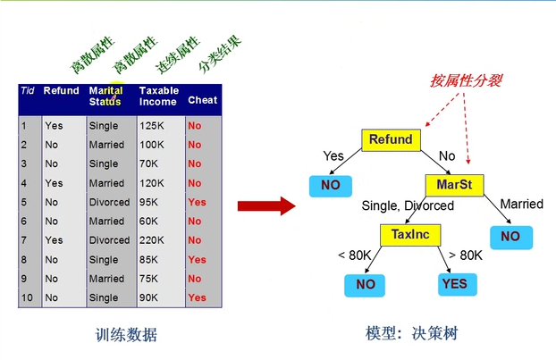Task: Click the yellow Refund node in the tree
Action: [x=391, y=139]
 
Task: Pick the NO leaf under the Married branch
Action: [x=510, y=237]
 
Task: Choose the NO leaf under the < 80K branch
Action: [x=365, y=284]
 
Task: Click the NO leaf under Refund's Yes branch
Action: [x=330, y=186]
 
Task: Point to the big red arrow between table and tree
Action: [x=266, y=206]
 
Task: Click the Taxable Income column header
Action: [x=159, y=96]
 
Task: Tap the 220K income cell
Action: [x=153, y=240]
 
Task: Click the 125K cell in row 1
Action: [x=153, y=126]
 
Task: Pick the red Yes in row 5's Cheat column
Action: [x=197, y=202]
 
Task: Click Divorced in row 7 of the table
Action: [x=109, y=240]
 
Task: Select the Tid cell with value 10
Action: [x=27, y=297]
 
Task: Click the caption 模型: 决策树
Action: [x=412, y=334]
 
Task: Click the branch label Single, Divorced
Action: [x=408, y=205]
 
